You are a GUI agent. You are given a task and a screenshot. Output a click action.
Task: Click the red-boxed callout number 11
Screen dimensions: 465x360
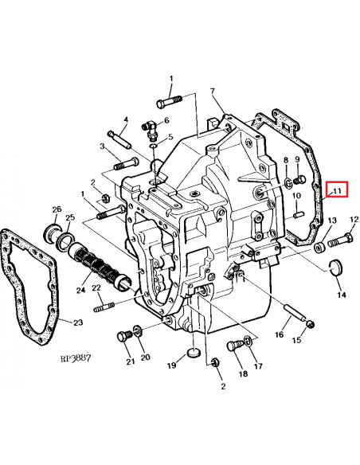click(x=336, y=191)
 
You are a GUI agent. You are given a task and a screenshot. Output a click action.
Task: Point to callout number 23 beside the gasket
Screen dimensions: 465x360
click(x=77, y=322)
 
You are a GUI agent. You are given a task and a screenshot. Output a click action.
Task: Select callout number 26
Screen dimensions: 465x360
click(x=56, y=209)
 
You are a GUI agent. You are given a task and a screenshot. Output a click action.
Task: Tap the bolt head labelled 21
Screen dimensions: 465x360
click(x=123, y=336)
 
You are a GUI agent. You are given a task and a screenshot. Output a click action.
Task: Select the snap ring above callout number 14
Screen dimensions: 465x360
click(x=335, y=266)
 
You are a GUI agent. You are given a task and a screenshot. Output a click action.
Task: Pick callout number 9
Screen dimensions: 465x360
click(x=296, y=160)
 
